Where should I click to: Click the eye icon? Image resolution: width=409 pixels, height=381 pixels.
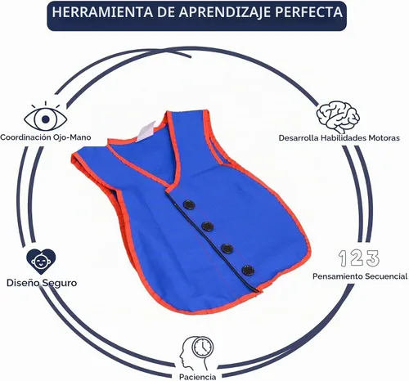tap(46, 117)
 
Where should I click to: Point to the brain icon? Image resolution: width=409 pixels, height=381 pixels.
tap(338, 116)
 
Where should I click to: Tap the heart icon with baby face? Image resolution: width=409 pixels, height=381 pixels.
tap(41, 262)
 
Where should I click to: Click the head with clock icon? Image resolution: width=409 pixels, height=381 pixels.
tap(196, 352)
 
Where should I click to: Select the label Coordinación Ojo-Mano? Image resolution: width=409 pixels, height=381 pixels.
tap(46, 137)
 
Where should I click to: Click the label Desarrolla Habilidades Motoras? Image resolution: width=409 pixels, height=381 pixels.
tap(339, 138)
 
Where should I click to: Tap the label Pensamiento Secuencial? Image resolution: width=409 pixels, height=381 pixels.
tap(360, 276)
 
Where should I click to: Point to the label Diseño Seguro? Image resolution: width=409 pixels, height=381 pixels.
tap(42, 283)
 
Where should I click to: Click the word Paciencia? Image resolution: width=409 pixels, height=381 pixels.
tap(198, 377)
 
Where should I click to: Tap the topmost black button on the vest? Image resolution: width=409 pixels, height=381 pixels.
tap(189, 204)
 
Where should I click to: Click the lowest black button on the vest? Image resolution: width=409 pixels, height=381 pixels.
tap(248, 270)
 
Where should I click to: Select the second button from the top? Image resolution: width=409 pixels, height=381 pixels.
tap(208, 226)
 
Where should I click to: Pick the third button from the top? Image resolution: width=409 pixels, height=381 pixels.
tap(227, 249)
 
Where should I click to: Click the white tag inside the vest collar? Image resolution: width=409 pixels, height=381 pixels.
tap(146, 131)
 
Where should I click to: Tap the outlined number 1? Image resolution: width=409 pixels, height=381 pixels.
tap(343, 258)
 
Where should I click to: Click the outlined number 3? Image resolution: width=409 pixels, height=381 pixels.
tap(373, 258)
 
